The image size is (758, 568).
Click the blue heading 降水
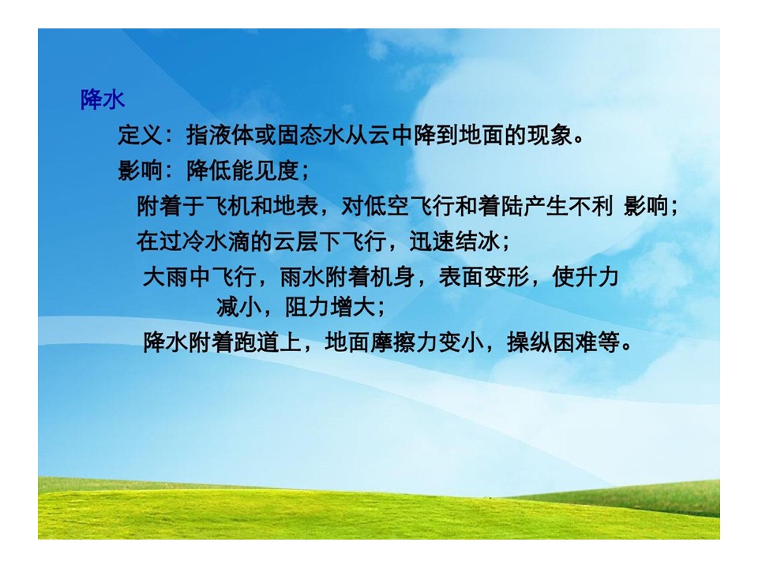103,100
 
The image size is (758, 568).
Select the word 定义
141,135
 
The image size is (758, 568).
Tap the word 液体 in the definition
232,135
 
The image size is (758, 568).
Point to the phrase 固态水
312,135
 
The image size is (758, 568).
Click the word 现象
550,135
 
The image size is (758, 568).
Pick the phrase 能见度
266,170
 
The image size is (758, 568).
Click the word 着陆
501,206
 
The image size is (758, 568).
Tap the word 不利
592,206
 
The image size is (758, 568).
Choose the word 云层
297,241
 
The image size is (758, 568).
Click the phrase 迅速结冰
455,241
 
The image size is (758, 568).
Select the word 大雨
166,277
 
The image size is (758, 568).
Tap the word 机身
393,277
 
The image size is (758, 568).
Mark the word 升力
598,277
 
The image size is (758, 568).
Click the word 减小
239,307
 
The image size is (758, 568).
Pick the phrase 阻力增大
330,307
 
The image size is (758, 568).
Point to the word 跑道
257,342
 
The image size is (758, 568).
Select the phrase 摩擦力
404,342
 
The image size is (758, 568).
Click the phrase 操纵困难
553,342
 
